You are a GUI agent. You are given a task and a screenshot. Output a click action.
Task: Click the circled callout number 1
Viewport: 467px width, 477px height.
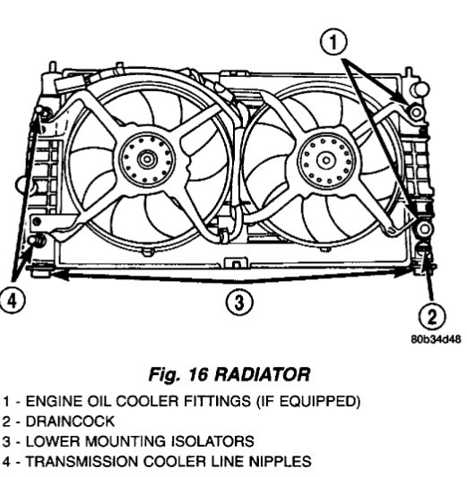click(x=333, y=42)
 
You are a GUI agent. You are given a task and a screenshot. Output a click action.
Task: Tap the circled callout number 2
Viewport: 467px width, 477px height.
click(x=432, y=317)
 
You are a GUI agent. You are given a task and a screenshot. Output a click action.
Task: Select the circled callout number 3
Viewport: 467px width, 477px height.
click(x=239, y=302)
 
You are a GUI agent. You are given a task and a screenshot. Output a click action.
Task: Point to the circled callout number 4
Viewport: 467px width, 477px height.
click(x=12, y=302)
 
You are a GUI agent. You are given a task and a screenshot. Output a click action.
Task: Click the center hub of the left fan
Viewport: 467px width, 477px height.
click(x=147, y=159)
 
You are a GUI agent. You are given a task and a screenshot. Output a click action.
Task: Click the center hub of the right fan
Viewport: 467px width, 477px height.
click(x=326, y=160)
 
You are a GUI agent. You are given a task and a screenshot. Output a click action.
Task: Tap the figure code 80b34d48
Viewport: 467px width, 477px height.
click(x=436, y=339)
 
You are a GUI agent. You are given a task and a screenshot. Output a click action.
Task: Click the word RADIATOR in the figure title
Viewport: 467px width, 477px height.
click(x=263, y=374)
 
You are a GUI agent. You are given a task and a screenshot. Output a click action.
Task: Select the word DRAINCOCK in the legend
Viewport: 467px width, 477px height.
click(x=70, y=422)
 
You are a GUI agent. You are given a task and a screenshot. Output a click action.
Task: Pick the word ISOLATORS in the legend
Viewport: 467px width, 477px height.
click(x=212, y=441)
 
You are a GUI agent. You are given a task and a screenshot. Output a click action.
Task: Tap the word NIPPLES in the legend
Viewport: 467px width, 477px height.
click(x=281, y=462)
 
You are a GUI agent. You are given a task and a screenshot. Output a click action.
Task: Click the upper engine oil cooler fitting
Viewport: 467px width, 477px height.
click(x=416, y=113)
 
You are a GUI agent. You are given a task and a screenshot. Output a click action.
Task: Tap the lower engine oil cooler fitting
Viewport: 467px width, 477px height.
click(x=424, y=228)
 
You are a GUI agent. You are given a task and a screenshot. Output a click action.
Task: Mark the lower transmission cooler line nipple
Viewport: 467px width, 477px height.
click(x=37, y=240)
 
